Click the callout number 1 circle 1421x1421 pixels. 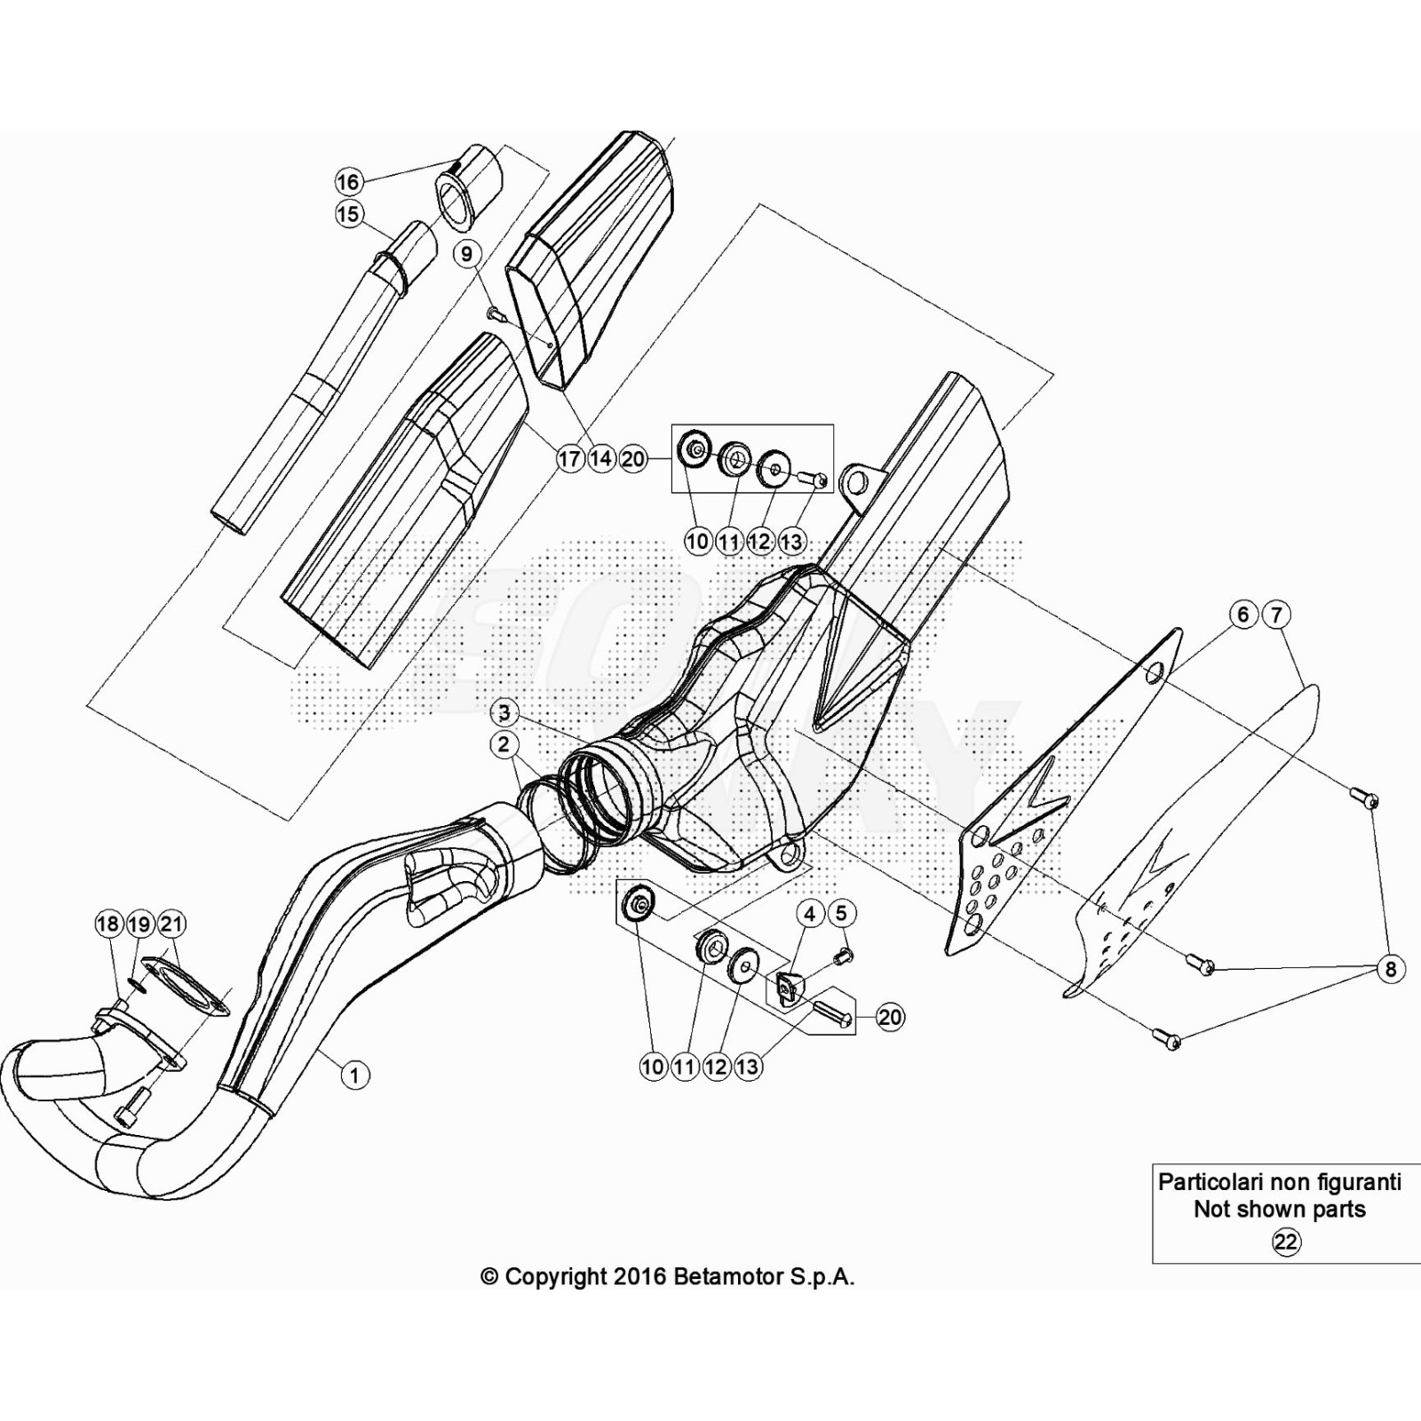coord(354,1076)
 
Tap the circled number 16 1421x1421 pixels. coord(348,182)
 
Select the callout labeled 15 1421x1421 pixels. coord(348,214)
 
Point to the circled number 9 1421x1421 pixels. coord(467,255)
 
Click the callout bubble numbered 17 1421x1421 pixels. coord(569,458)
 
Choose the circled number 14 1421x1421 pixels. coord(601,458)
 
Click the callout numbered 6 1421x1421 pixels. coord(1243,615)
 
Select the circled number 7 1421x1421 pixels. coord(1275,615)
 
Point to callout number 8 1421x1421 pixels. coord(1391,969)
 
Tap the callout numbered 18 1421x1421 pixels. coord(108,925)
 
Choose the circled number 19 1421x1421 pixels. coord(139,925)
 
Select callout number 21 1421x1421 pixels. coord(171,925)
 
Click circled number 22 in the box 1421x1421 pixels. coord(1285,1242)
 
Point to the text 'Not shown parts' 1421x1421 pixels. coord(1279,1209)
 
